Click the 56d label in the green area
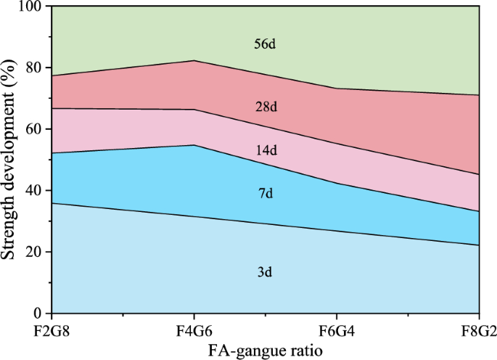tap(266, 44)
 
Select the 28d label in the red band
tap(266, 107)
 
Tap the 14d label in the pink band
tap(266, 150)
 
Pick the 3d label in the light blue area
tap(266, 273)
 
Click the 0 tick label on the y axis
tap(38, 314)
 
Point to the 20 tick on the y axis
tap(34, 253)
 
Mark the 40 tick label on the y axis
tap(34, 191)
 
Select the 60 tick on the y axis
tap(34, 129)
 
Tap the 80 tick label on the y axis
tap(34, 67)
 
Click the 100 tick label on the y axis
tap(30, 7)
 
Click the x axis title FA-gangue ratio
tap(266, 350)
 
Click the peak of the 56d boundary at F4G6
tap(194, 60)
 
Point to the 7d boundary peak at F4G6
tap(194, 145)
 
